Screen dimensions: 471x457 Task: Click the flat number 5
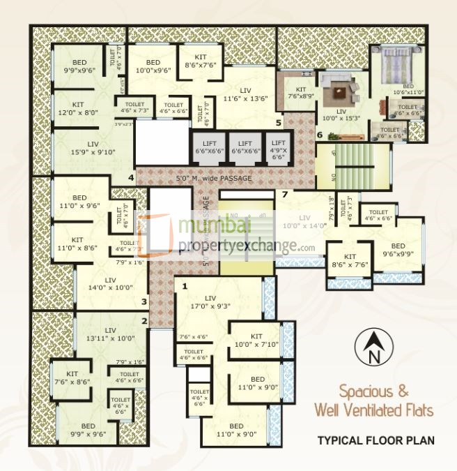[x=278, y=123]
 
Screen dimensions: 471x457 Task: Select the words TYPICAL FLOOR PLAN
[x=375, y=440]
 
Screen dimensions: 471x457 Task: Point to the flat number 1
[x=185, y=286]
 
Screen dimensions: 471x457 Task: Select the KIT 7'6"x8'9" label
[x=301, y=94]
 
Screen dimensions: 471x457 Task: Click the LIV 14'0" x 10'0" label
[x=110, y=283]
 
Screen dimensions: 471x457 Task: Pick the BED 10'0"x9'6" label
[x=153, y=66]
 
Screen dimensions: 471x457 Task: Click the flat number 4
[x=130, y=178]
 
